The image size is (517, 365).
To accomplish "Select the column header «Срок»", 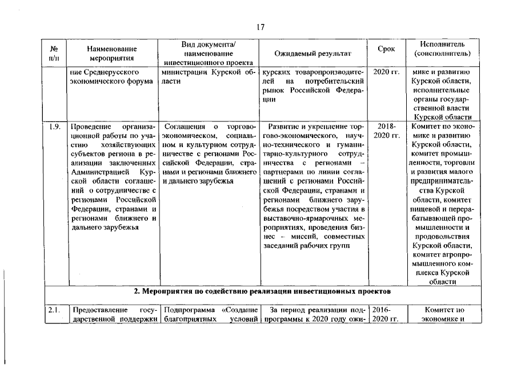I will click(387, 50).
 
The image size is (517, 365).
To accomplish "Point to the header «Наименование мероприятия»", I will click(112, 54).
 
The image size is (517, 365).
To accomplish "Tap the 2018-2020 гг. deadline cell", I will click(387, 131).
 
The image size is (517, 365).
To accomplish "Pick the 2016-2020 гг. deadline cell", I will click(387, 315).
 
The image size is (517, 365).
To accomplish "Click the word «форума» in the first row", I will click(141, 82).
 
